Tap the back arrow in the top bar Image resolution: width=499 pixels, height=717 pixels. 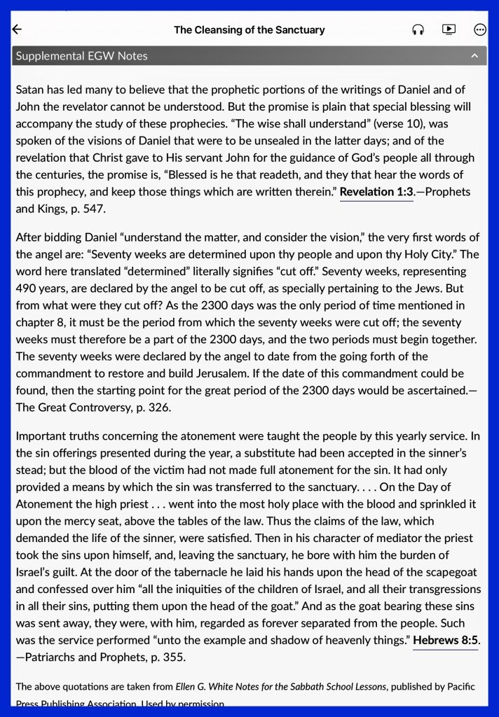coord(18,29)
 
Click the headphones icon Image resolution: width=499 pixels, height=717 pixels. coord(418,29)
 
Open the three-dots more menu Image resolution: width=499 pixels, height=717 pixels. coord(480,29)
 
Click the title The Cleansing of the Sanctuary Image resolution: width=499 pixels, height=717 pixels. coord(249,30)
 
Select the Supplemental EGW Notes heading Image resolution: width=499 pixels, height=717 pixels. coord(81,56)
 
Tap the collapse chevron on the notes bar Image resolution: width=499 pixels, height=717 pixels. coord(474,56)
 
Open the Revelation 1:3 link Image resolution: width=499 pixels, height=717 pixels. coord(376,192)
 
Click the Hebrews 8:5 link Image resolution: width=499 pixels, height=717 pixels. coord(445,640)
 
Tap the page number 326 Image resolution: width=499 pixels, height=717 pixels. coord(157,407)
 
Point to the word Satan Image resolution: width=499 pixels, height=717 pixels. coord(30,90)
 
